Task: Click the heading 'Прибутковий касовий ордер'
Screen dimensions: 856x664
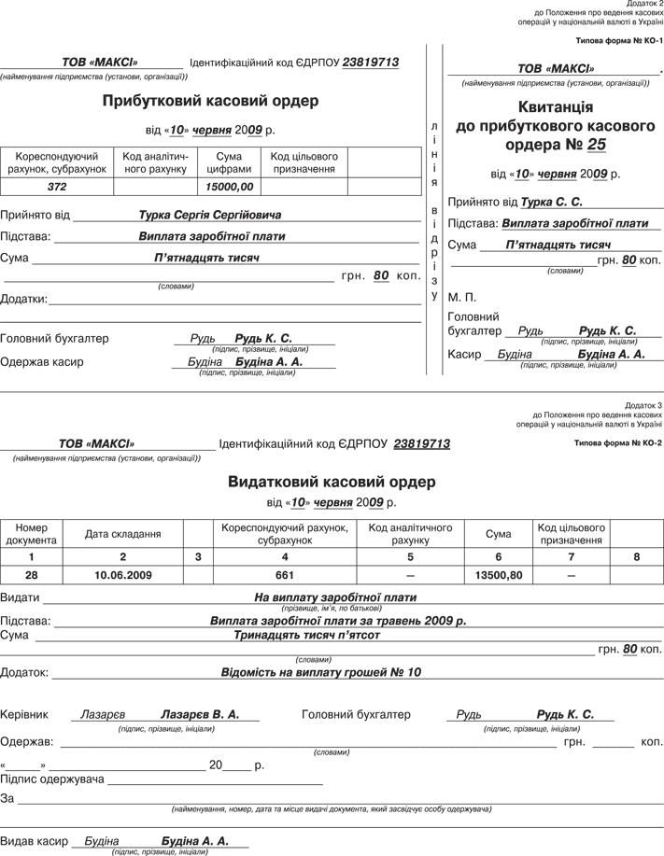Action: pyautogui.click(x=210, y=101)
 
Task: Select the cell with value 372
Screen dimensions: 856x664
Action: pyautogui.click(x=56, y=187)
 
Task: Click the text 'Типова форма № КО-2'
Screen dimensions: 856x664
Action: pyautogui.click(x=617, y=442)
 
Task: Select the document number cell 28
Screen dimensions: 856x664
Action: pyautogui.click(x=31, y=575)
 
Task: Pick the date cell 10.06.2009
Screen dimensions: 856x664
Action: pyautogui.click(x=122, y=575)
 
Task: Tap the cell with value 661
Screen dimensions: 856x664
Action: pyautogui.click(x=285, y=575)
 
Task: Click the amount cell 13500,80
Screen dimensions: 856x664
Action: pyautogui.click(x=499, y=575)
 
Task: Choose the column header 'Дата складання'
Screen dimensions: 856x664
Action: pyautogui.click(x=122, y=534)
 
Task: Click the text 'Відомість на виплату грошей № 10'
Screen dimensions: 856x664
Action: pyautogui.click(x=321, y=671)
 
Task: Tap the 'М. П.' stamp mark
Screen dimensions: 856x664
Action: pyautogui.click(x=461, y=297)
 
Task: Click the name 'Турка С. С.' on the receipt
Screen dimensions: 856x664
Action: pyautogui.click(x=551, y=202)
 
